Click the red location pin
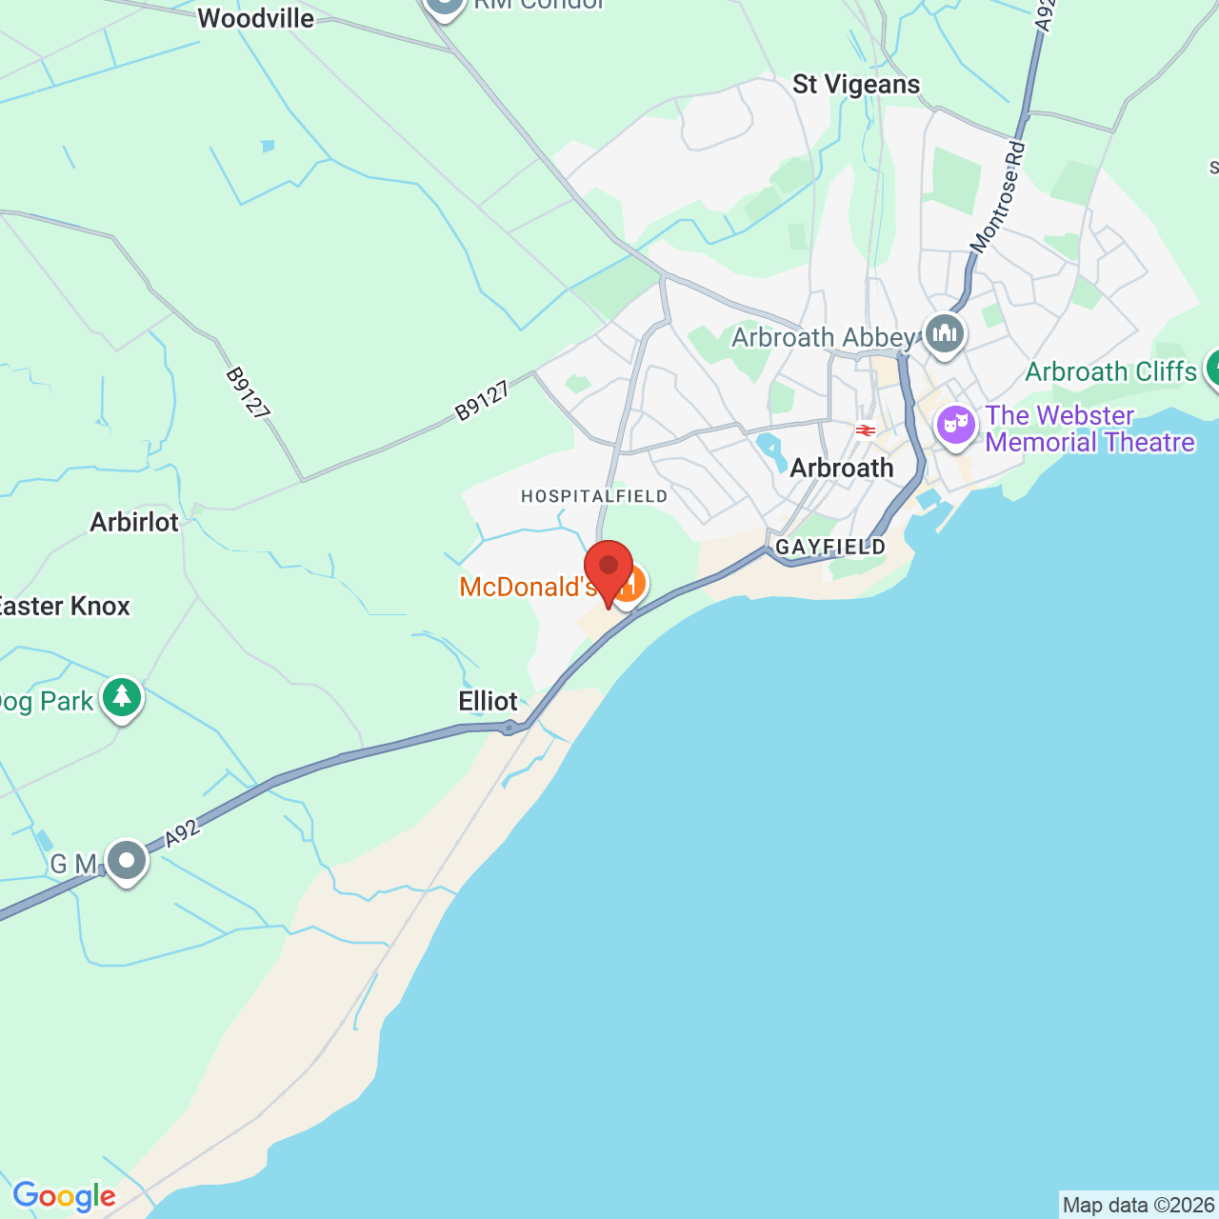coord(609,568)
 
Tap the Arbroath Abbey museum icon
coord(944,333)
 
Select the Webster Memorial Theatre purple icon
coord(955,424)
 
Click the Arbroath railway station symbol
coord(865,430)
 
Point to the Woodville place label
coord(255,18)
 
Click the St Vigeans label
coord(856,85)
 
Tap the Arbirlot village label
coord(134,522)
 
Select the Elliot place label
coord(488,702)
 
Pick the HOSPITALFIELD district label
coord(594,496)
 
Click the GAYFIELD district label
coord(830,547)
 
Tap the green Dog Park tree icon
coord(122,698)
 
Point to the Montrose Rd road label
coord(998,197)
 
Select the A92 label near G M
coord(183,833)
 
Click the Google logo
coord(64,1196)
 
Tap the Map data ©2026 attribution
coord(1138,1206)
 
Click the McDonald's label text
coord(527,587)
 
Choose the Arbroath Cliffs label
coord(1110,371)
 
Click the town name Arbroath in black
coord(842,469)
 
